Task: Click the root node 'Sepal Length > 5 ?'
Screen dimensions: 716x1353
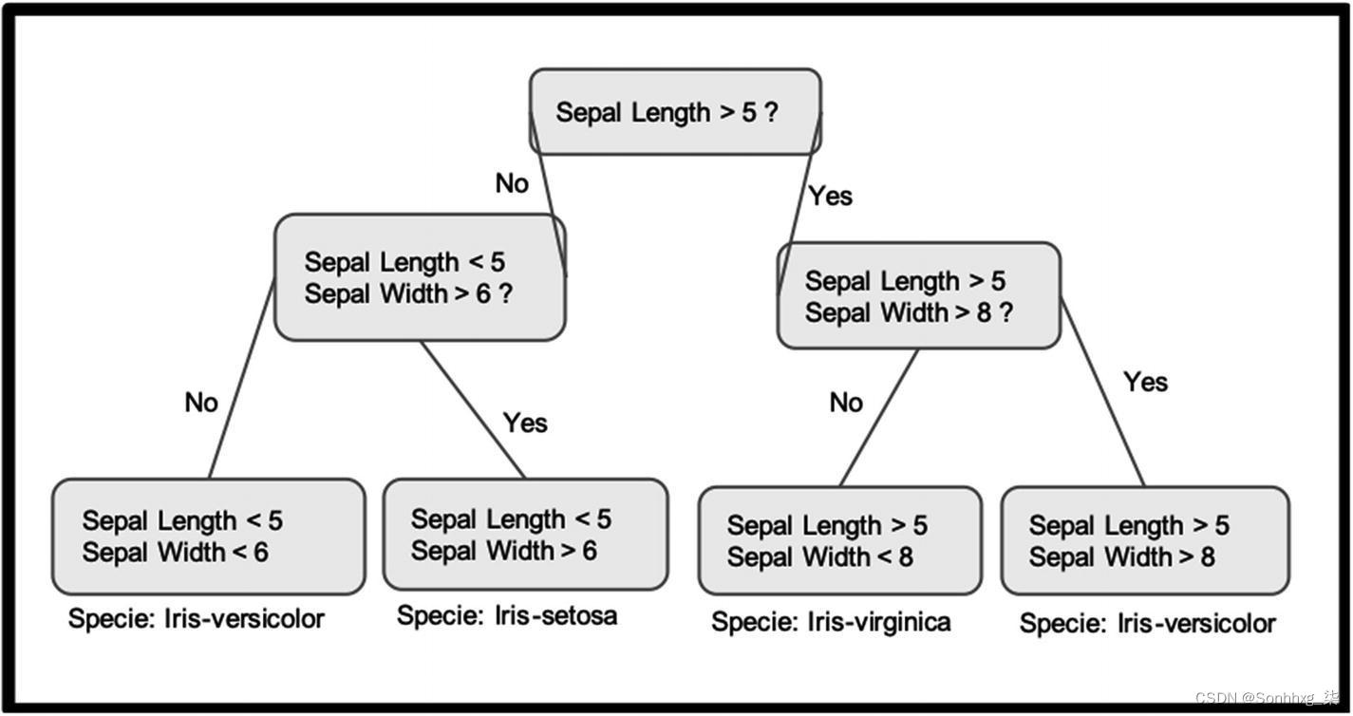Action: [x=675, y=112]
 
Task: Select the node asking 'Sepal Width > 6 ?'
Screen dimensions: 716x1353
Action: [x=420, y=277]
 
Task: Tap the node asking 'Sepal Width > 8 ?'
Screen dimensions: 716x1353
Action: [x=918, y=295]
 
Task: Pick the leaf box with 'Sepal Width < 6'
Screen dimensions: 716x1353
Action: [x=208, y=537]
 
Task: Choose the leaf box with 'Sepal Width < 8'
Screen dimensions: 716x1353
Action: [x=839, y=541]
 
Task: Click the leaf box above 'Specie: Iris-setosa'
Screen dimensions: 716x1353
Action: [x=525, y=535]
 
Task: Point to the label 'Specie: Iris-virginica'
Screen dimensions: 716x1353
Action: [x=831, y=622]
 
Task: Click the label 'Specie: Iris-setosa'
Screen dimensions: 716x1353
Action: [x=507, y=615]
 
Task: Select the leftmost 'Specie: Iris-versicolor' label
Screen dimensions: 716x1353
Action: [x=197, y=619]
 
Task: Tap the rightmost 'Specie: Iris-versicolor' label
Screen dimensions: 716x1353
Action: [x=1147, y=624]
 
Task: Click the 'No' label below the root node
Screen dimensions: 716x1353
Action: [x=512, y=183]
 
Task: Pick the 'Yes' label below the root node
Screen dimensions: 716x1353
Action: [x=830, y=196]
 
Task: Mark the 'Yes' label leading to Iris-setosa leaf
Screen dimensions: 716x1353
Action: [x=525, y=423]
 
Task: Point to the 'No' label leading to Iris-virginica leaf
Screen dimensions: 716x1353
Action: [x=846, y=403]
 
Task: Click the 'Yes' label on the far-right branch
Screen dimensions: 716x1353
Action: [x=1145, y=382]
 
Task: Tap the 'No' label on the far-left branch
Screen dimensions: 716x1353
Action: [x=201, y=403]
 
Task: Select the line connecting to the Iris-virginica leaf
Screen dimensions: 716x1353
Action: [x=879, y=418]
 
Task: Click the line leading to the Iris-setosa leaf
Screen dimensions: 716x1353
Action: [x=473, y=409]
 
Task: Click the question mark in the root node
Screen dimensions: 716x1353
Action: [x=771, y=112]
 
